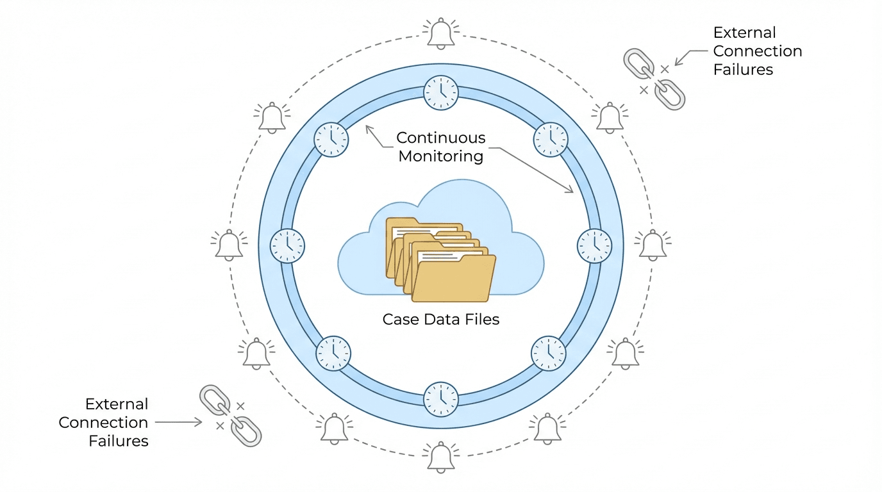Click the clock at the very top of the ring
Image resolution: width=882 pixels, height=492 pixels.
[x=441, y=92]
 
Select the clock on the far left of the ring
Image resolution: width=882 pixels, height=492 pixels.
[x=287, y=245]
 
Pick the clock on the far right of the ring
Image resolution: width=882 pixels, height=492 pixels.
[x=595, y=245]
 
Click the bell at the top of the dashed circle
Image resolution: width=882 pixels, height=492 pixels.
[x=441, y=33]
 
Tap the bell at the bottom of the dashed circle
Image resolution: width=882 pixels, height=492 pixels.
[x=441, y=456]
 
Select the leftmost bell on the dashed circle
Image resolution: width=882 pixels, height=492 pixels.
[x=229, y=245]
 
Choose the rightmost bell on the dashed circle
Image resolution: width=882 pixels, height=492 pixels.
[x=653, y=245]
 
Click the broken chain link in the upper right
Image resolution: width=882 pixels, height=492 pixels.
[x=654, y=79]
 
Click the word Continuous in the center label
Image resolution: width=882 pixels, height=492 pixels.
[x=441, y=138]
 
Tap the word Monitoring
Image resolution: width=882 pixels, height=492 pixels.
[x=441, y=156]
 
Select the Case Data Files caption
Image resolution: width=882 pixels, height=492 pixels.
[x=441, y=319]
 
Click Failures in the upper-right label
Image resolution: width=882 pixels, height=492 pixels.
[x=744, y=70]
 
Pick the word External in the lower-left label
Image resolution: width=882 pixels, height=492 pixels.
[x=117, y=404]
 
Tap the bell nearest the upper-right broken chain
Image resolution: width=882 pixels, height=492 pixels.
[x=610, y=118]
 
